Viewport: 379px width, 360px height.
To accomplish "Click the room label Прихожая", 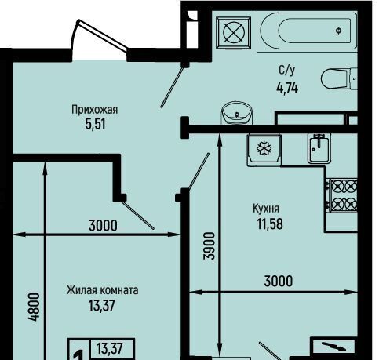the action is (x=95, y=110).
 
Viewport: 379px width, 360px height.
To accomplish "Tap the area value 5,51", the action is (x=95, y=124).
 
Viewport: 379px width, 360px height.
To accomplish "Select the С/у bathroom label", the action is (x=287, y=71).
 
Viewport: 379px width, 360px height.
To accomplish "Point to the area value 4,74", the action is (x=287, y=88).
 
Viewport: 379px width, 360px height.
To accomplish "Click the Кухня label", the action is (x=266, y=209).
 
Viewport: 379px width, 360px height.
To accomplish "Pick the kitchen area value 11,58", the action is (x=270, y=224).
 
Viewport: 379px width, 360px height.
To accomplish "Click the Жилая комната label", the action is (x=102, y=290).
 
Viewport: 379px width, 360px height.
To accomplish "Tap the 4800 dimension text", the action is (x=35, y=307).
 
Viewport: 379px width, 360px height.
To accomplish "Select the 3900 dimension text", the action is (x=210, y=245).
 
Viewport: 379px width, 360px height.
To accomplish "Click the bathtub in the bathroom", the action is (x=307, y=31).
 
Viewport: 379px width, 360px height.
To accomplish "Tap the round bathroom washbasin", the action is (x=237, y=113).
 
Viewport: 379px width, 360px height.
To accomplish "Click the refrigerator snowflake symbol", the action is (x=264, y=148).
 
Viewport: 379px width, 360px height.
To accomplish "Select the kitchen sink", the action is (x=319, y=149).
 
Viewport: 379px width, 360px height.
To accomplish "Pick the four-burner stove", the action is (x=343, y=195).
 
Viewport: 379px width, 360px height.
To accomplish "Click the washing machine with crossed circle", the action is (x=234, y=33).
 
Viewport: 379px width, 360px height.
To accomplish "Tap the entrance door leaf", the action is (x=102, y=35).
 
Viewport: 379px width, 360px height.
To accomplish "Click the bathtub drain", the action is (x=339, y=31).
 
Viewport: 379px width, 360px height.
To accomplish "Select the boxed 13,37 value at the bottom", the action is (x=110, y=348).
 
